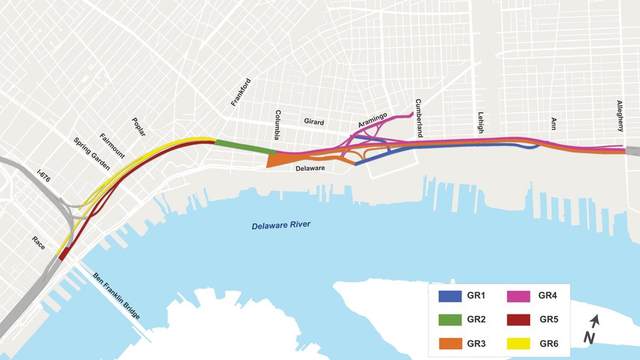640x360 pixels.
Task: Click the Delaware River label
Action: [x=281, y=226]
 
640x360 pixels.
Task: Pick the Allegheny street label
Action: [x=620, y=116]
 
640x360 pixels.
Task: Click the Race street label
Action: [x=38, y=242]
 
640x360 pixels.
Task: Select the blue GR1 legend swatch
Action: [x=451, y=296]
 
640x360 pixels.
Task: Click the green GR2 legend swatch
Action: [x=451, y=320]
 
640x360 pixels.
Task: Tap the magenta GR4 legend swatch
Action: [x=523, y=296]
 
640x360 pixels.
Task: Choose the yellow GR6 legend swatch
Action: [x=523, y=344]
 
